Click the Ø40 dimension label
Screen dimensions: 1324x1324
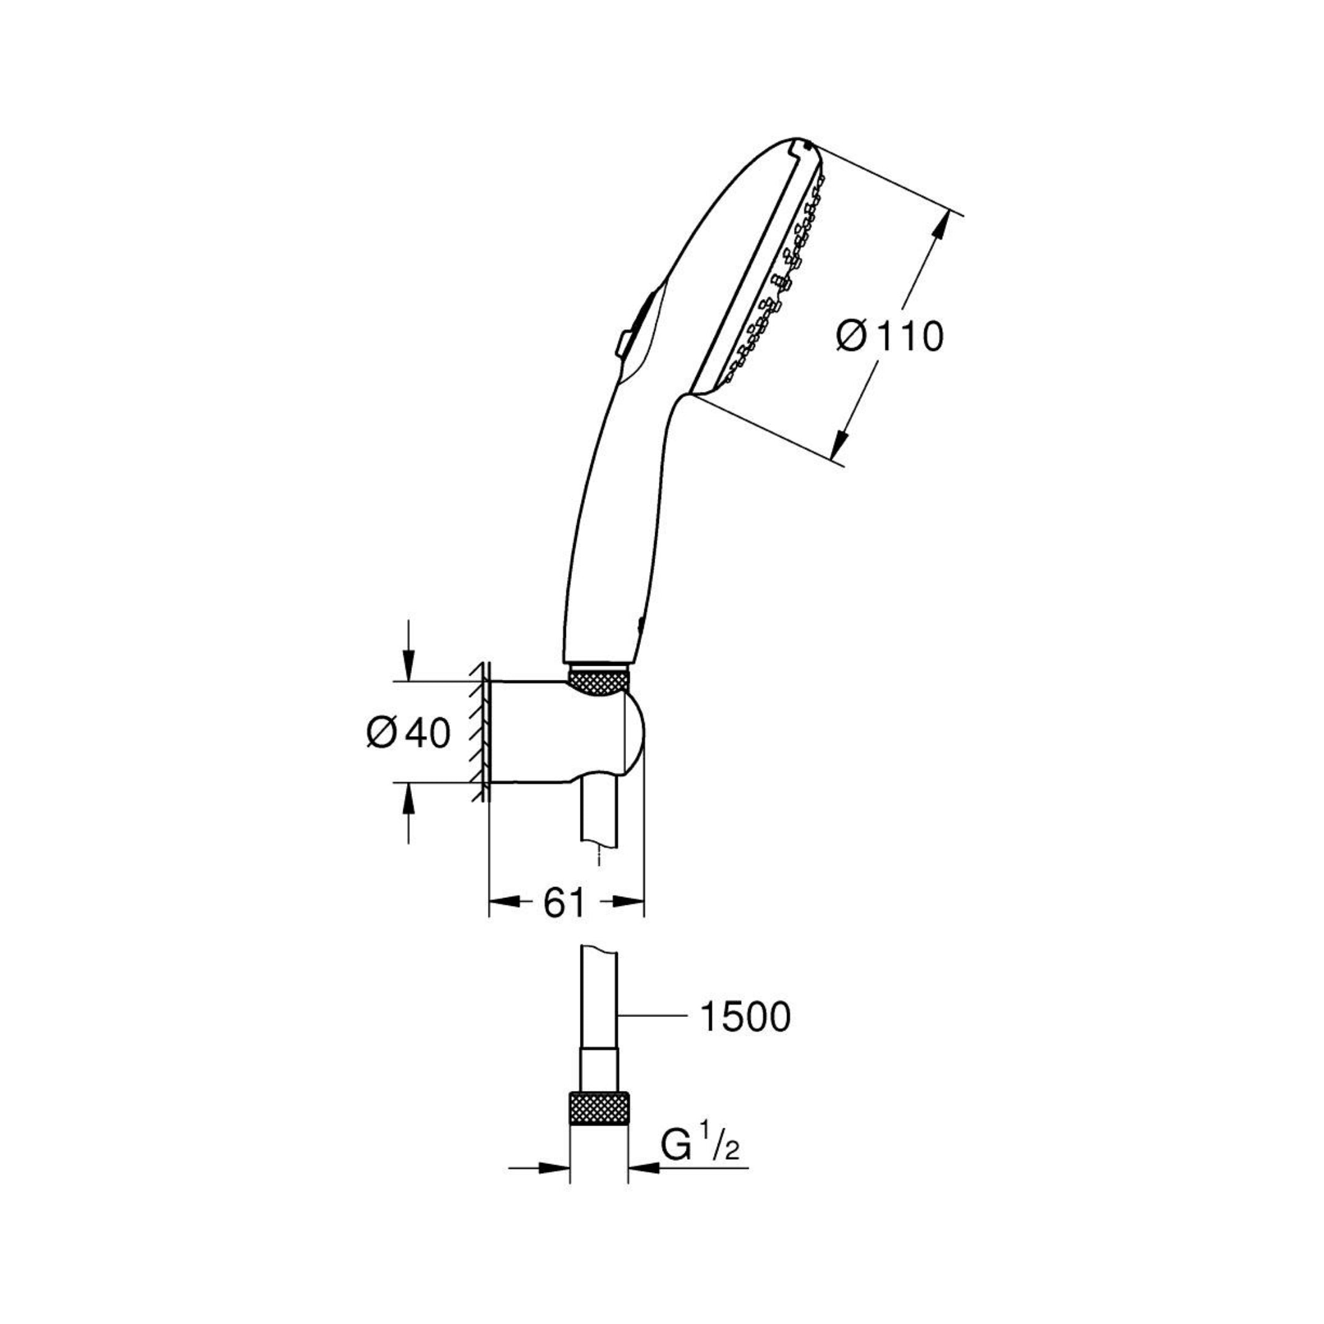point(409,733)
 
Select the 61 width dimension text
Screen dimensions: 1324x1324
point(564,904)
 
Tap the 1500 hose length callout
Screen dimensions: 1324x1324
point(745,1036)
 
